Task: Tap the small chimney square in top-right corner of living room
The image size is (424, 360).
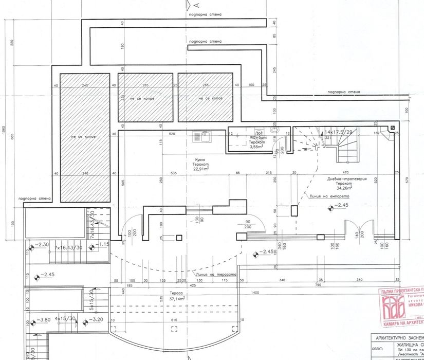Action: pos(392,128)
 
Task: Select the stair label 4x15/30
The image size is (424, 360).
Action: pos(65,319)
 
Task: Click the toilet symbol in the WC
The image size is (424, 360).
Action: pos(274,131)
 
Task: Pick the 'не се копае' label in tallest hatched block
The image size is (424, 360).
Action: pos(84,136)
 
